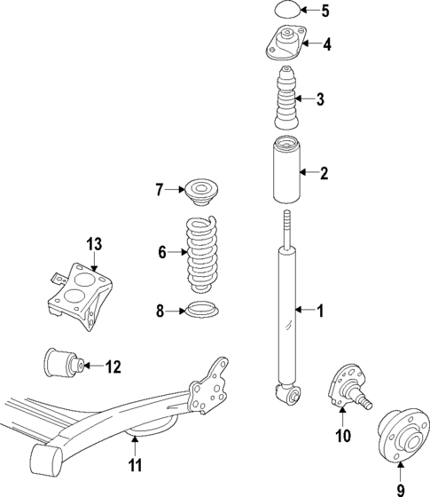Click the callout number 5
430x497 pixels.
[x=324, y=12]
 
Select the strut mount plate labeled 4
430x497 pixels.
[x=285, y=45]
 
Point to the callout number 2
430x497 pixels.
[x=324, y=173]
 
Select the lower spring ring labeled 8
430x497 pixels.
[x=200, y=311]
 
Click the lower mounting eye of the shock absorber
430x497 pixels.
[x=285, y=392]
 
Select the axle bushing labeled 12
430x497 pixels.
[x=64, y=364]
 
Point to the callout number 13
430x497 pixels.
[x=94, y=244]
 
